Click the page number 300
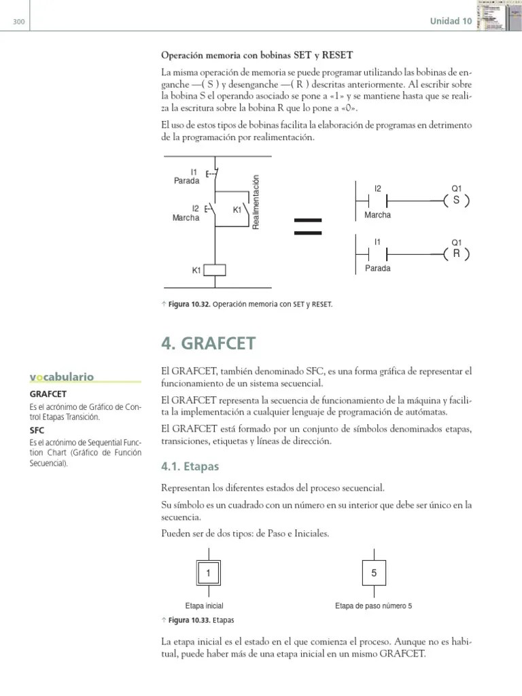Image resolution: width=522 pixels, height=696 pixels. pos(18,22)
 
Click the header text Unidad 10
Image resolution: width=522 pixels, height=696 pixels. pos(451,21)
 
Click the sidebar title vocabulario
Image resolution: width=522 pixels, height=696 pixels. pos(61,377)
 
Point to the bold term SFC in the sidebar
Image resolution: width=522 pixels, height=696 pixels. pos(37,430)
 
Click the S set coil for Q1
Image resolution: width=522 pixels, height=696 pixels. pos(455,201)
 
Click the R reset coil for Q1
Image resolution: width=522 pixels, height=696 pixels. pos(455,254)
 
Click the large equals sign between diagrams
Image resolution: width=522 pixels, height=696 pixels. pos(307,226)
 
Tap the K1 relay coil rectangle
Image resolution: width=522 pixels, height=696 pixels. pos(215,270)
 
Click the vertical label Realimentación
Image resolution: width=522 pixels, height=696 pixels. pos(256,202)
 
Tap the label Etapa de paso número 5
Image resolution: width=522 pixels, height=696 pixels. pos(374,606)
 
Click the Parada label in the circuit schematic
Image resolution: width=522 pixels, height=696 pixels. pos(187,181)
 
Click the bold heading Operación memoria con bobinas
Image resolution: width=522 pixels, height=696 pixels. pos(257,54)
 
